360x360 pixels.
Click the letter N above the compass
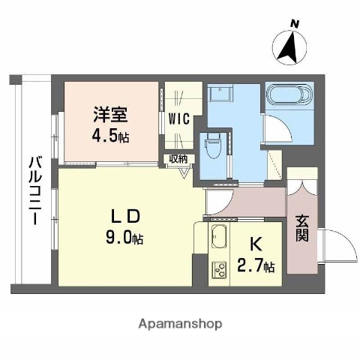click(x=295, y=24)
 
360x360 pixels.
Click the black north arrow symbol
click(x=288, y=47)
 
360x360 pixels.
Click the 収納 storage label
click(x=178, y=159)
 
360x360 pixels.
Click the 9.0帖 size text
click(x=124, y=238)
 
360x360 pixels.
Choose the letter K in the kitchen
click(x=254, y=243)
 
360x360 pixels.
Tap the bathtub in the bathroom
click(x=287, y=97)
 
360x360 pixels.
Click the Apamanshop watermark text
click(x=180, y=324)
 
